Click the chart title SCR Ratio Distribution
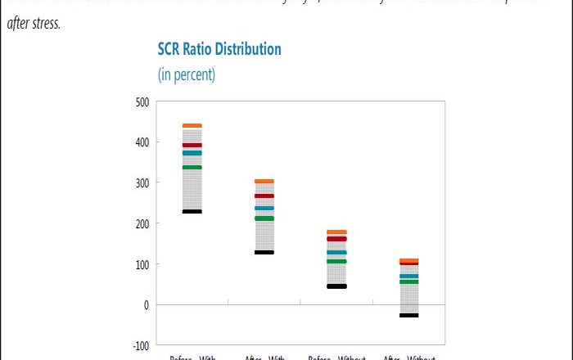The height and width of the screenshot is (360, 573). point(219,49)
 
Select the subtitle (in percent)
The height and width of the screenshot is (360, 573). point(186,74)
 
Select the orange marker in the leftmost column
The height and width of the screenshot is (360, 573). point(192,125)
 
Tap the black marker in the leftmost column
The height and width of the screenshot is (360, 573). point(192,212)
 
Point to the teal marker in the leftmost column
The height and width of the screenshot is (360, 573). point(192,153)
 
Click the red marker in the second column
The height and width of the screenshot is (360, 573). point(264,196)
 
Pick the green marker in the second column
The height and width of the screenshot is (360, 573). point(264,218)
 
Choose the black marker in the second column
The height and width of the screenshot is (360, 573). point(264,252)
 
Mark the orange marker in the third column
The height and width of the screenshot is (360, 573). point(336,232)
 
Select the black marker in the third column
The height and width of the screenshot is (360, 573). point(336,286)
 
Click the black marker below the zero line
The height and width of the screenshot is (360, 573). point(408,315)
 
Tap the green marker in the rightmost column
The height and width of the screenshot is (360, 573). point(408,282)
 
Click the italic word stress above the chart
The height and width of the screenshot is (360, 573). point(47,23)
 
